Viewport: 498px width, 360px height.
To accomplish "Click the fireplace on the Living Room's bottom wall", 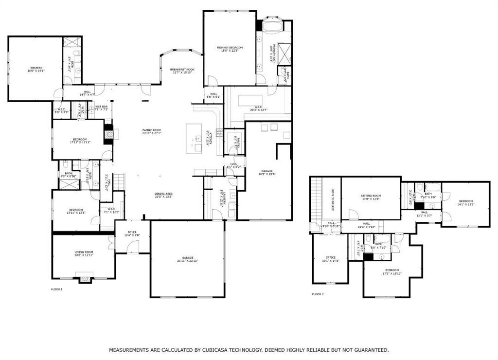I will (x=85, y=279).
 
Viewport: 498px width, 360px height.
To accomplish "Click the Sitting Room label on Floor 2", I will (x=371, y=197).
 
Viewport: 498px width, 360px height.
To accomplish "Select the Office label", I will (x=330, y=258).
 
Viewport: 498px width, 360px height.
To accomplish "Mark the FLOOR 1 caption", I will (x=57, y=289).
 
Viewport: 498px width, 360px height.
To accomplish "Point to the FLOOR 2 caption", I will (x=318, y=294).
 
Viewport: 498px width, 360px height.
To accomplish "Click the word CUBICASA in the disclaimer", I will (x=223, y=350).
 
